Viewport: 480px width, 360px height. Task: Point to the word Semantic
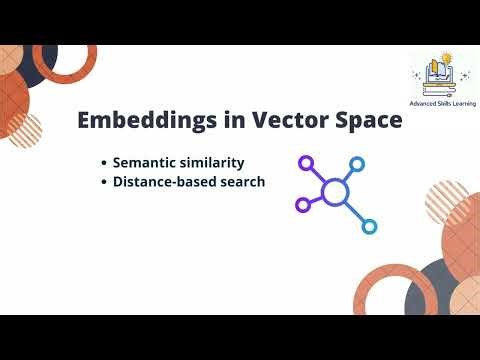tap(146, 162)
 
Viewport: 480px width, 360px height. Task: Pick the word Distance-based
tap(165, 182)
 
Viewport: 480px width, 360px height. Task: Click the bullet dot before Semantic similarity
tap(104, 163)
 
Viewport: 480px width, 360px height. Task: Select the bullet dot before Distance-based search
tap(104, 183)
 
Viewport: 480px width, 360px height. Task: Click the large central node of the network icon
tap(335, 191)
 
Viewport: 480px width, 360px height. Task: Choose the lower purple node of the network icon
tap(303, 205)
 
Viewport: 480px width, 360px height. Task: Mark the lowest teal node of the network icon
tap(369, 226)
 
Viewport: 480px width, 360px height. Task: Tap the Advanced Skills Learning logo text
tap(443, 103)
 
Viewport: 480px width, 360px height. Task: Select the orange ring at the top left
tap(66, 62)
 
